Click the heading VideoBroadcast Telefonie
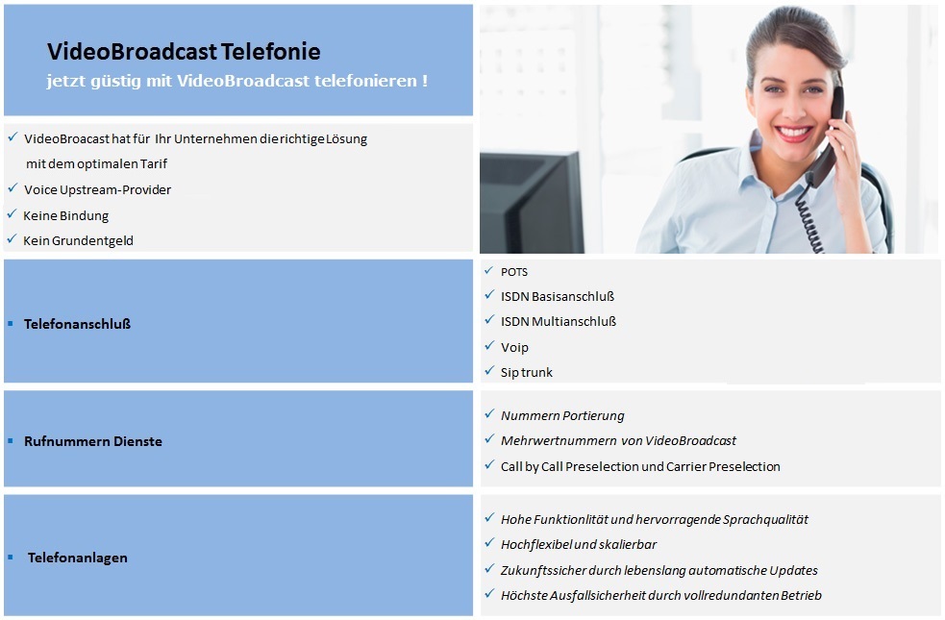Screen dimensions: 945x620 [184, 52]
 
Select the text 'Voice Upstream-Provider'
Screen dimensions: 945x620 [98, 189]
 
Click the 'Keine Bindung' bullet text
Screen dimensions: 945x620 [65, 215]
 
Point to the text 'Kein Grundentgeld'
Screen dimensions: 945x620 [78, 241]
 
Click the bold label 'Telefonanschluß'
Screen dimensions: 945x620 [77, 324]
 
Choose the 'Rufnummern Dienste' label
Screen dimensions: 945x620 [93, 441]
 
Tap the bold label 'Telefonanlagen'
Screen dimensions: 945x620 [77, 558]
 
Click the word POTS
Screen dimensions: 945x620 [514, 272]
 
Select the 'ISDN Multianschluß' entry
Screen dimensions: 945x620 [559, 322]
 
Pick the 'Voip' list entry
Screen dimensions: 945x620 [514, 348]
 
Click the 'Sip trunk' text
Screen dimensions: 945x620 [526, 372]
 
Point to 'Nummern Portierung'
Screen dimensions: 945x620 [562, 416]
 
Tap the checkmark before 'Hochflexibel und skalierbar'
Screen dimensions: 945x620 [489, 543]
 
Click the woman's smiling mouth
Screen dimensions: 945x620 [793, 133]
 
